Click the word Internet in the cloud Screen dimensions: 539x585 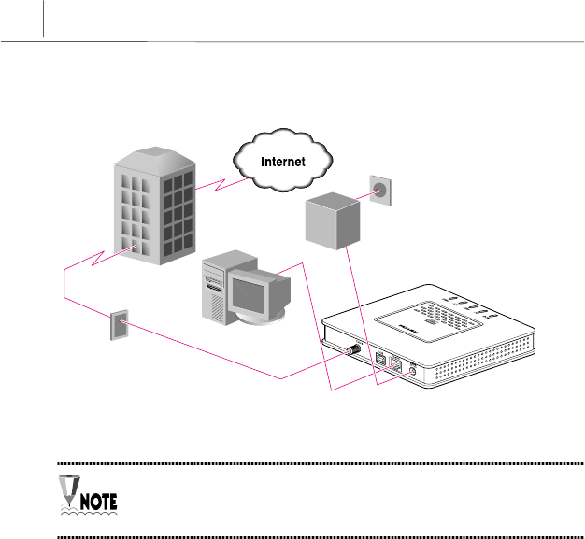point(282,162)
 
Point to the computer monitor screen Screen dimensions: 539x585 point(255,294)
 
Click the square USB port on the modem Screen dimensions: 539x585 point(381,359)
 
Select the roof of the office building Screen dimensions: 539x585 point(154,152)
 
